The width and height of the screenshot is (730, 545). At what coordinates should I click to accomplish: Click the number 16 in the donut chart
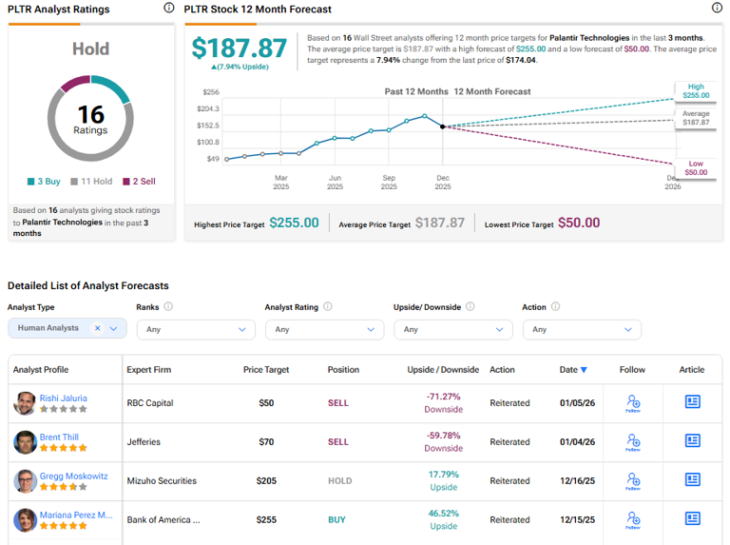[x=90, y=114]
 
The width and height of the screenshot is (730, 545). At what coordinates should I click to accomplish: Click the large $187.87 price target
[x=239, y=49]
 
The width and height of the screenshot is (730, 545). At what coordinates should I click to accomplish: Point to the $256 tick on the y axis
[x=210, y=92]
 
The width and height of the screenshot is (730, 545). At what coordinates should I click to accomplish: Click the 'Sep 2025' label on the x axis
[x=389, y=182]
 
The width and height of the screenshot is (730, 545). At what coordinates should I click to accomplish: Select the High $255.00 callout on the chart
[x=696, y=91]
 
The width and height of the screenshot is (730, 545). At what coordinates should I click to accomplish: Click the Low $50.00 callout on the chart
[x=696, y=167]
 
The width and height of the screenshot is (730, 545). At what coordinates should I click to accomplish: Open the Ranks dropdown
[x=195, y=329]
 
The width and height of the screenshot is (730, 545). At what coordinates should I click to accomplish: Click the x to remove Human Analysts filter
[x=97, y=328]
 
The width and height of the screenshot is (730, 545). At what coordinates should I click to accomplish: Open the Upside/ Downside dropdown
[x=452, y=329]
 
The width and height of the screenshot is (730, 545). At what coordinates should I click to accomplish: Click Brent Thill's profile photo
[x=25, y=442]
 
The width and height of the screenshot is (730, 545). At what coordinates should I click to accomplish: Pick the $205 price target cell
[x=265, y=481]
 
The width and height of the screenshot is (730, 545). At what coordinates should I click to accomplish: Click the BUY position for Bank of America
[x=337, y=520]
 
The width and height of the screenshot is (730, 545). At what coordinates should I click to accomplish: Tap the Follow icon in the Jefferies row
[x=632, y=441]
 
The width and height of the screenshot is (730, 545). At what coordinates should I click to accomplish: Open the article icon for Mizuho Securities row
[x=692, y=480]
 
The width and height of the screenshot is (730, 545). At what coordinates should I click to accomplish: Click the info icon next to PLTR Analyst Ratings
[x=168, y=9]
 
